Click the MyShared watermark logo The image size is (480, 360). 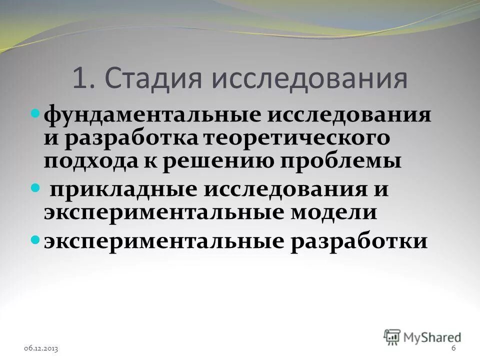pyautogui.click(x=422, y=336)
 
